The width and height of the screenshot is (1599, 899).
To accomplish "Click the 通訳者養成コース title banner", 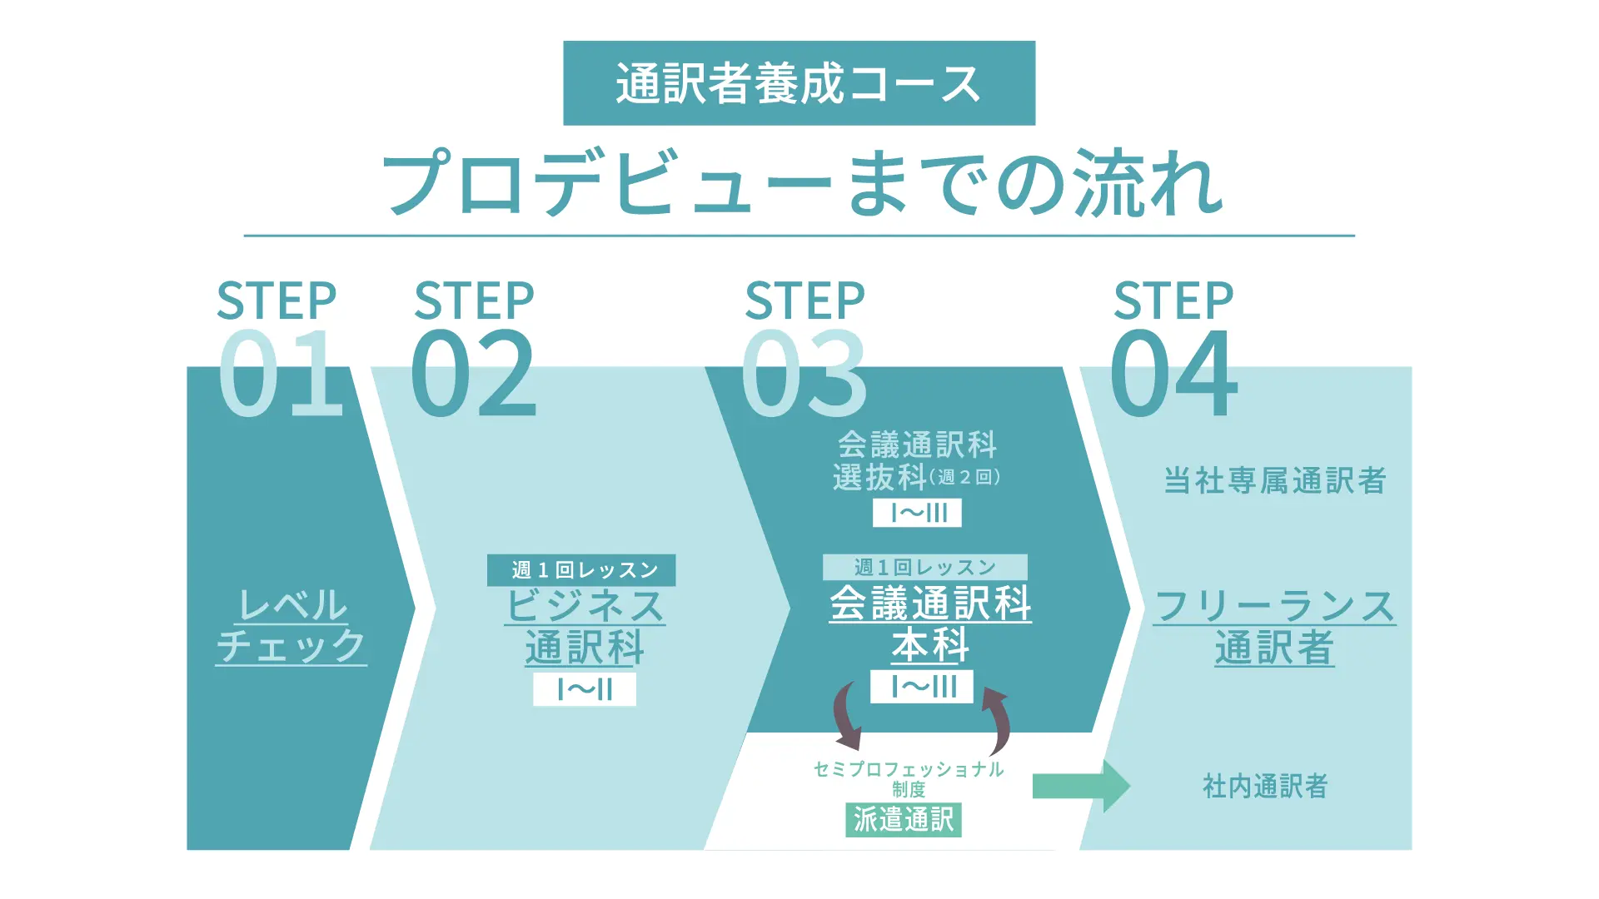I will [799, 83].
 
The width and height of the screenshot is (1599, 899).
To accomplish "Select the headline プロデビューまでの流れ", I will [801, 182].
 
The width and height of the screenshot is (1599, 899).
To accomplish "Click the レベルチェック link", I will [291, 626].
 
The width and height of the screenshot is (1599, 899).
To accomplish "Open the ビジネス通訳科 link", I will [585, 627].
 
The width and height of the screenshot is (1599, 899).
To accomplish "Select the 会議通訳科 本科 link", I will [930, 624].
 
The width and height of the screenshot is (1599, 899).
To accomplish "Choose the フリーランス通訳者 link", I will [1274, 627].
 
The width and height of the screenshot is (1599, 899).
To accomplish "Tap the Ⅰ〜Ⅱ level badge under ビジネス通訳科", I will [585, 689].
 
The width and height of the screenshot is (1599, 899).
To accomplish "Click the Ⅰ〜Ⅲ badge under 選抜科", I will [917, 513].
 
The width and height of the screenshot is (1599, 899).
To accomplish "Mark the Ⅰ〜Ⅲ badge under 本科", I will [922, 687].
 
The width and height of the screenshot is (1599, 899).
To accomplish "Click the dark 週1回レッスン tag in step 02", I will [581, 570].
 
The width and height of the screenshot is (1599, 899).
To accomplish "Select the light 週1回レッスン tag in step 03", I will [924, 568].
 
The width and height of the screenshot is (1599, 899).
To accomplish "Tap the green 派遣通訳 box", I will [904, 820].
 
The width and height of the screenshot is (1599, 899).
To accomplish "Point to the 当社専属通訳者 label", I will [1274, 481].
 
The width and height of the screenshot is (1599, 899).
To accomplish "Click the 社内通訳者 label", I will [1265, 786].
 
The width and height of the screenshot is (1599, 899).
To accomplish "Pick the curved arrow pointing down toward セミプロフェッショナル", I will [847, 717].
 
